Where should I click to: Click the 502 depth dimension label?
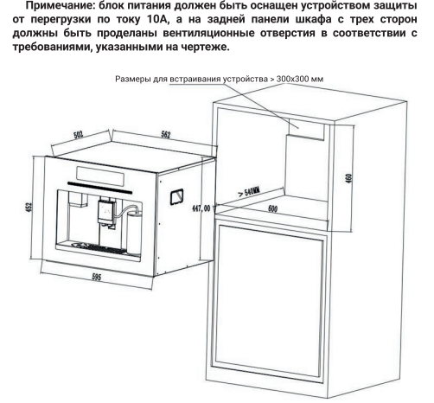pos(79,135)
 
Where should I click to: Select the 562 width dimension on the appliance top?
pos(165,135)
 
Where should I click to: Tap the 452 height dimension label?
pos(29,208)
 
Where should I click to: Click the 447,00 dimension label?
pos(201,208)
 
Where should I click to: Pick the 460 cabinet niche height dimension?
pos(348,178)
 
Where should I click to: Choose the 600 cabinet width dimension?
pos(272,208)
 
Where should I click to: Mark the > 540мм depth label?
pos(249,191)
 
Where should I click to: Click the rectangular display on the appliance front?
pos(100,176)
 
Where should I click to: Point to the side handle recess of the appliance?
pos(177,197)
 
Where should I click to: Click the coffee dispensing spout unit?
pos(106,213)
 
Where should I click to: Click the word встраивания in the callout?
pos(196,79)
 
